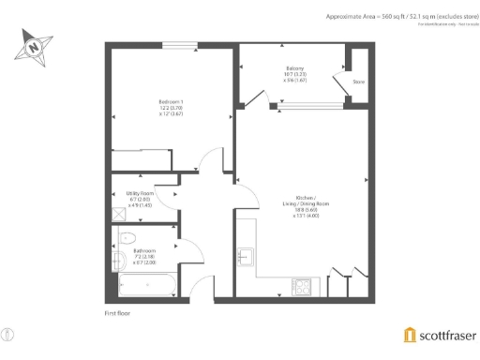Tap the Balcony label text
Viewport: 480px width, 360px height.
coord(294,73)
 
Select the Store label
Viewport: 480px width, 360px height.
coord(358,82)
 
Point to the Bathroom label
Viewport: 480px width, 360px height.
coord(143,256)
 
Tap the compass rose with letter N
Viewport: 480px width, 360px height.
coord(35,43)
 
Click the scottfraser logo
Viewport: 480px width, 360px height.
coord(438,336)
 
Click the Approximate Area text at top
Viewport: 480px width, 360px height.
coord(400,16)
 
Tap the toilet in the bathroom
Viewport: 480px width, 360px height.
coord(127,237)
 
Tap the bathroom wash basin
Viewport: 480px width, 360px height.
coord(117,260)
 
